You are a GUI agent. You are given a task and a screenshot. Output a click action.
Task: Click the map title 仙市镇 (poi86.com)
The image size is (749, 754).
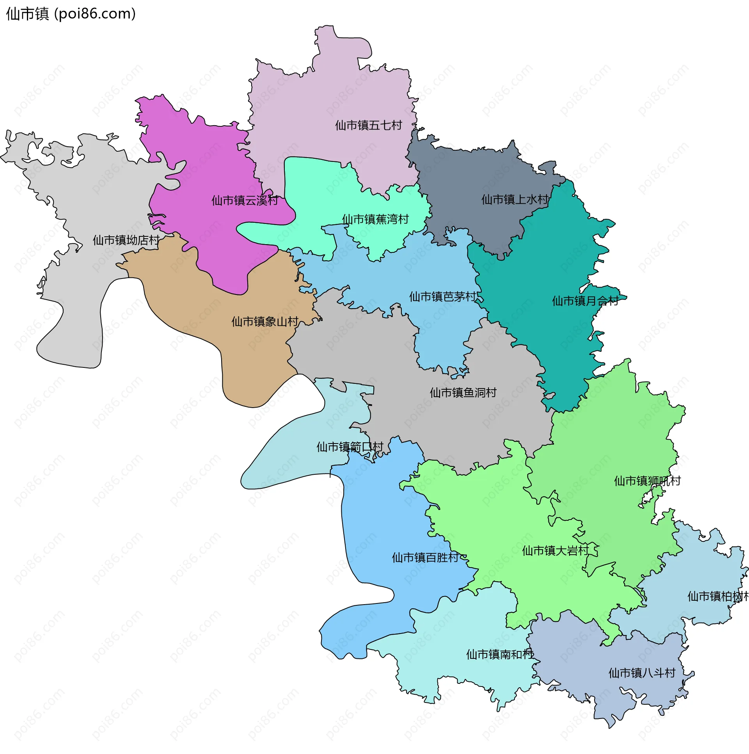tap(71, 14)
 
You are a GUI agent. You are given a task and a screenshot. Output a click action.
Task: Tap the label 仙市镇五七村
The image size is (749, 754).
tap(368, 125)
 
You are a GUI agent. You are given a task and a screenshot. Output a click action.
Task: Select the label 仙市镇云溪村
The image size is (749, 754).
tap(245, 200)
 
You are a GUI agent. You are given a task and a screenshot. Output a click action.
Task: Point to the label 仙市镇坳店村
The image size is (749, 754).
tap(126, 240)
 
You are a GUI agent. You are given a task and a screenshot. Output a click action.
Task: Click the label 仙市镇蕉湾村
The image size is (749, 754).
tap(375, 219)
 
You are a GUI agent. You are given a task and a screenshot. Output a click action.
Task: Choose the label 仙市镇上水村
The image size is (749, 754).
tap(515, 200)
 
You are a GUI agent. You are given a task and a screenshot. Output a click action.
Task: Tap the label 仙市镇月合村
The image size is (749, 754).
tap(585, 301)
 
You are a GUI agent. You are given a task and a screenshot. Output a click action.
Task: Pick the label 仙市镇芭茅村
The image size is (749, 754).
tap(443, 297)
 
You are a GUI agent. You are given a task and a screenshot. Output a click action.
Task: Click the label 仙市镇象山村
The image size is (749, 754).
tap(265, 321)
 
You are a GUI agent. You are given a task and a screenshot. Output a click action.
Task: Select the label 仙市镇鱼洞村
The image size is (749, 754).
tap(463, 393)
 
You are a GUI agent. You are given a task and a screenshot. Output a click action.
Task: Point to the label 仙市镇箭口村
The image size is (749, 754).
tap(350, 447)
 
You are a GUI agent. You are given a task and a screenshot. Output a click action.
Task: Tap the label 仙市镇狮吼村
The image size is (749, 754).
tap(647, 481)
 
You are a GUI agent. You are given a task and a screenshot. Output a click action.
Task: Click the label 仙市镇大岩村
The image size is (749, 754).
tap(556, 551)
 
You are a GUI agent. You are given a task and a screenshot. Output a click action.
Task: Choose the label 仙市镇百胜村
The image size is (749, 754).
tap(425, 558)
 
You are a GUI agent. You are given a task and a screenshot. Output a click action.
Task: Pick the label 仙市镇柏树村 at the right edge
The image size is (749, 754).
tap(717, 596)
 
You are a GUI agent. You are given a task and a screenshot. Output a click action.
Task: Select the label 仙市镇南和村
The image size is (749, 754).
tap(500, 655)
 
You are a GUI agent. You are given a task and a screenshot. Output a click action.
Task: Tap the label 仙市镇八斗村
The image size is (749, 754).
tap(642, 673)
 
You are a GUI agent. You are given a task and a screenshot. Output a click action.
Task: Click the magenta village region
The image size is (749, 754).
tap(203, 164)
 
